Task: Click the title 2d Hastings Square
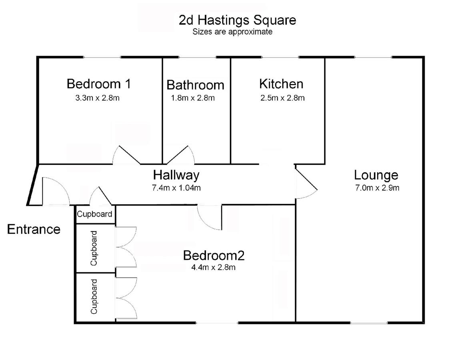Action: point(238,20)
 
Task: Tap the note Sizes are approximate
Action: point(232,32)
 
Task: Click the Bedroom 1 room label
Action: point(99,84)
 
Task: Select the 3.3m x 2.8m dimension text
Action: point(97,98)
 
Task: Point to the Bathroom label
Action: point(195,85)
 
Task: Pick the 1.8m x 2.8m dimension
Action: point(193,98)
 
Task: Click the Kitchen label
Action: point(281,84)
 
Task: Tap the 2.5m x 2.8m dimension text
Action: point(282,98)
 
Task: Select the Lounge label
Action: point(376,175)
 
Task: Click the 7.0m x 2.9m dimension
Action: point(377,188)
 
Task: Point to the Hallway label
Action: point(176,175)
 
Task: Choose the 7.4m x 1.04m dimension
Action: point(176,188)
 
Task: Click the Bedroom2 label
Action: point(214,255)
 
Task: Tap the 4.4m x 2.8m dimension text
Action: point(214,267)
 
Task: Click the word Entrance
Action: point(34,229)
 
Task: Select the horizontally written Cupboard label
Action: point(94,214)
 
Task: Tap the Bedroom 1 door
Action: point(126,155)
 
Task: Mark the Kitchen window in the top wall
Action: point(280,57)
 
